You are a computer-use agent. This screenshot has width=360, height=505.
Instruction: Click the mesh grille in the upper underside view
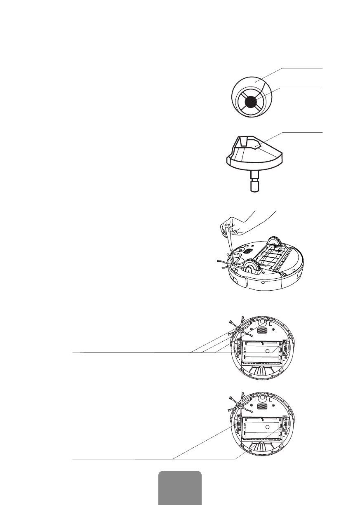tap(262, 330)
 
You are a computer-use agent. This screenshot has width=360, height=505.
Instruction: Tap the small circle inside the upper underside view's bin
tap(268, 350)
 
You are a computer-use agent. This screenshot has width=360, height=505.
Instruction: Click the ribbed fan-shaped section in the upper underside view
tap(262, 371)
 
